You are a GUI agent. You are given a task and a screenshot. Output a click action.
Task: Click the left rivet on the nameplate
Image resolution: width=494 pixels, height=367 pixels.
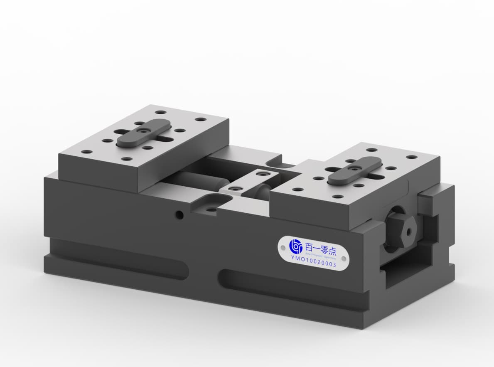pos(283,248)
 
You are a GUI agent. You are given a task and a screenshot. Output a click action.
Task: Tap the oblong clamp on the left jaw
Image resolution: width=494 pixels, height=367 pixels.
pos(143,133)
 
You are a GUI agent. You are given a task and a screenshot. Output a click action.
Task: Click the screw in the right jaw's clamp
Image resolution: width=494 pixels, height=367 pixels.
pos(355,169)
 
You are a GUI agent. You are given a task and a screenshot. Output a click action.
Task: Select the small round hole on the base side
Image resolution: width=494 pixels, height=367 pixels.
pos(179,215)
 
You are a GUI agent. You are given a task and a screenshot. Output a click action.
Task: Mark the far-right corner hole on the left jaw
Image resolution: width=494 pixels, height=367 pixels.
pos(201,119)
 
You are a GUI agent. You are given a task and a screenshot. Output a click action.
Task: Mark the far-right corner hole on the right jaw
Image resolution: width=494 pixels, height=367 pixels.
pos(412,158)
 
